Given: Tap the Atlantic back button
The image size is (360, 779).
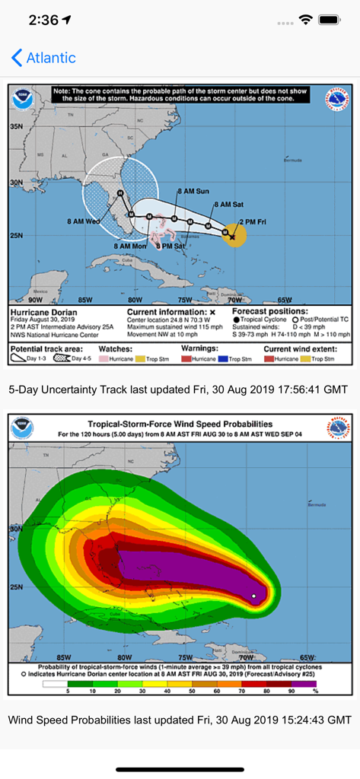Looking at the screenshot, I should (x=43, y=58).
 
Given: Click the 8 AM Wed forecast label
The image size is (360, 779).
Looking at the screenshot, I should (x=83, y=221).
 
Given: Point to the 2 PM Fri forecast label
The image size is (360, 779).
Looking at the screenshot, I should (x=253, y=221).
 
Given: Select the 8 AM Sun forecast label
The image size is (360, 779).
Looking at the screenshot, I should (x=192, y=192).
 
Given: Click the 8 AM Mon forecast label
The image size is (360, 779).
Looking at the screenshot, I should (x=130, y=246).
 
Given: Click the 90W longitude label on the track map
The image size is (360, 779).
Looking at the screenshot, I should (x=35, y=300).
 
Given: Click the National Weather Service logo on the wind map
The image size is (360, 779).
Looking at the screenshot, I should (x=339, y=428).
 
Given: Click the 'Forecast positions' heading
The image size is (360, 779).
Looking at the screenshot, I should (x=269, y=312).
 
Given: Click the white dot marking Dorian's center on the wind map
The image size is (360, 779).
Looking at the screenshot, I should (x=253, y=596).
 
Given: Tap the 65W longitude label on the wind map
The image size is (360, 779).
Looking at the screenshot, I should (x=307, y=657).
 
